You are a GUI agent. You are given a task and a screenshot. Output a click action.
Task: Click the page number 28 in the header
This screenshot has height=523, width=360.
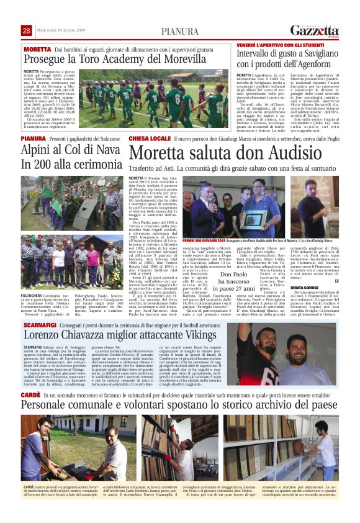27,31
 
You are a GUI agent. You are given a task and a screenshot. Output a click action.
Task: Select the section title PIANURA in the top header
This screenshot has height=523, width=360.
180,31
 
